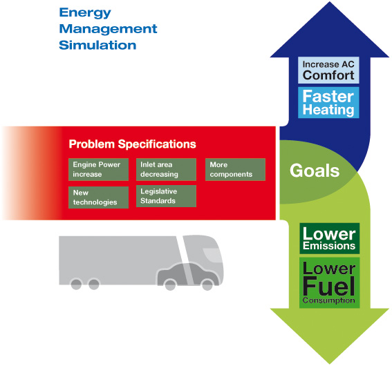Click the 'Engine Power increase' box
tap(98, 169)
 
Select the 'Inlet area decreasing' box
tap(166, 169)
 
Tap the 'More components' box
tap(235, 169)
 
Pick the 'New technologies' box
tap(98, 198)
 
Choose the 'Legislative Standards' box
tap(166, 196)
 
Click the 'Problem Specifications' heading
tap(132, 144)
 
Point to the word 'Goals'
tap(315, 171)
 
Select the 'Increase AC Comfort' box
tap(328, 70)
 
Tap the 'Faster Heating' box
tap(328, 103)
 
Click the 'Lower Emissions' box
tap(330, 238)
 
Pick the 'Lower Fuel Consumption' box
tap(330, 282)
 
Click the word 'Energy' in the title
tap(85, 13)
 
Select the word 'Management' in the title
tap(108, 29)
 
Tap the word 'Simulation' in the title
tap(97, 45)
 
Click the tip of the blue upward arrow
tap(330, 2)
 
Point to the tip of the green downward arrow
tap(330, 363)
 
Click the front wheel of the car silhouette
tap(207, 285)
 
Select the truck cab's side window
tap(212, 255)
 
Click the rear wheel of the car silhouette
tap(171, 285)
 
